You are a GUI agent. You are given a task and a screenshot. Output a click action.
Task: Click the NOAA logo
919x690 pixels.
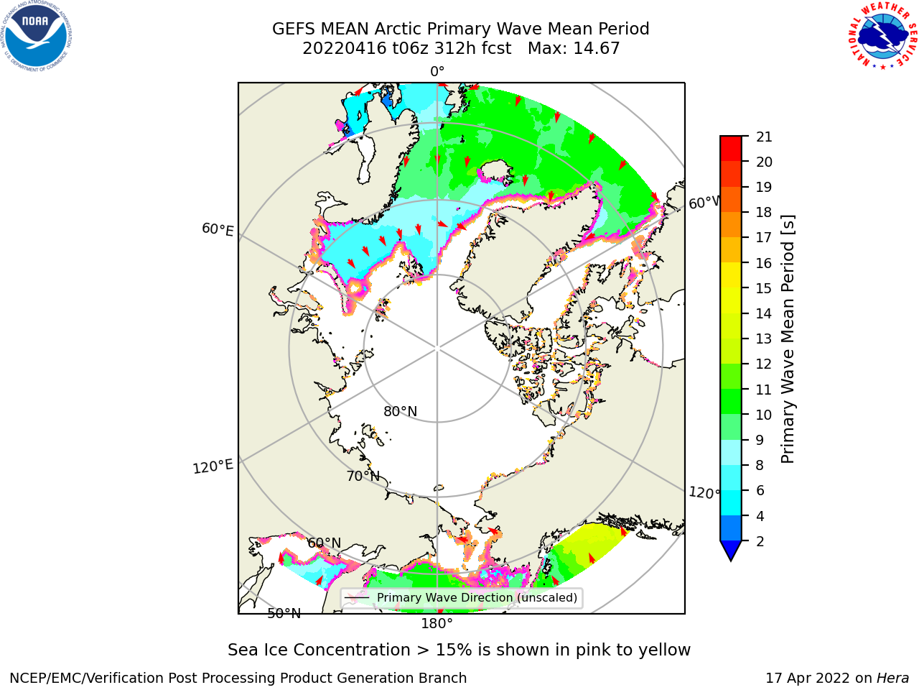pos(36,36)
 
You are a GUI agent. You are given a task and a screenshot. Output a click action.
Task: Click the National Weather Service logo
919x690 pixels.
pos(883,36)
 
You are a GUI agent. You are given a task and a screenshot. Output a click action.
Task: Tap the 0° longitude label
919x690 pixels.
pos(437,72)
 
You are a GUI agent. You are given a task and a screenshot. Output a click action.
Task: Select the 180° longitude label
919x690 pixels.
pos(437,624)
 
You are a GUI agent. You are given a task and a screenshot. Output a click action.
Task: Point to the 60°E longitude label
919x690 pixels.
pos(218,229)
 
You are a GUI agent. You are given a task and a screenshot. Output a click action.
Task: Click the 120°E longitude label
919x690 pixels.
pos(213,466)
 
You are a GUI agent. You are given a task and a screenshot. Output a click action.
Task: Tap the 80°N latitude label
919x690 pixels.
pos(400,411)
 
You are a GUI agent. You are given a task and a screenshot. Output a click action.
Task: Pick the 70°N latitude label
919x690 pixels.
pos(363,477)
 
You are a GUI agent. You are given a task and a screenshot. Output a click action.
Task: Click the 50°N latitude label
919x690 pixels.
pos(284,614)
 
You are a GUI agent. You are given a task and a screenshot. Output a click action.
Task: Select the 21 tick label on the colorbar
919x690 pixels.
pos(764,137)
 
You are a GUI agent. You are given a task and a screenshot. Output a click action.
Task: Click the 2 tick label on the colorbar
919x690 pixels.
pos(760,541)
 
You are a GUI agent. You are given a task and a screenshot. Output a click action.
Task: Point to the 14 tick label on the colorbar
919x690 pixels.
pos(764,313)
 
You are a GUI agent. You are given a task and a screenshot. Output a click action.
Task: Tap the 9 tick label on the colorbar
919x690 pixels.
pos(760,440)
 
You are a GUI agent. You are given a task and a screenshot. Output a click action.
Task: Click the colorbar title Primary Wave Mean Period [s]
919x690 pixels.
pos(788,339)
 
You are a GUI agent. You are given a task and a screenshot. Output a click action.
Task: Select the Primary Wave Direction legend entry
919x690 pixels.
pos(462,597)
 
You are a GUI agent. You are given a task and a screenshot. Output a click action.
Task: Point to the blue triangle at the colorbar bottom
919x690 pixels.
pos(731,551)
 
